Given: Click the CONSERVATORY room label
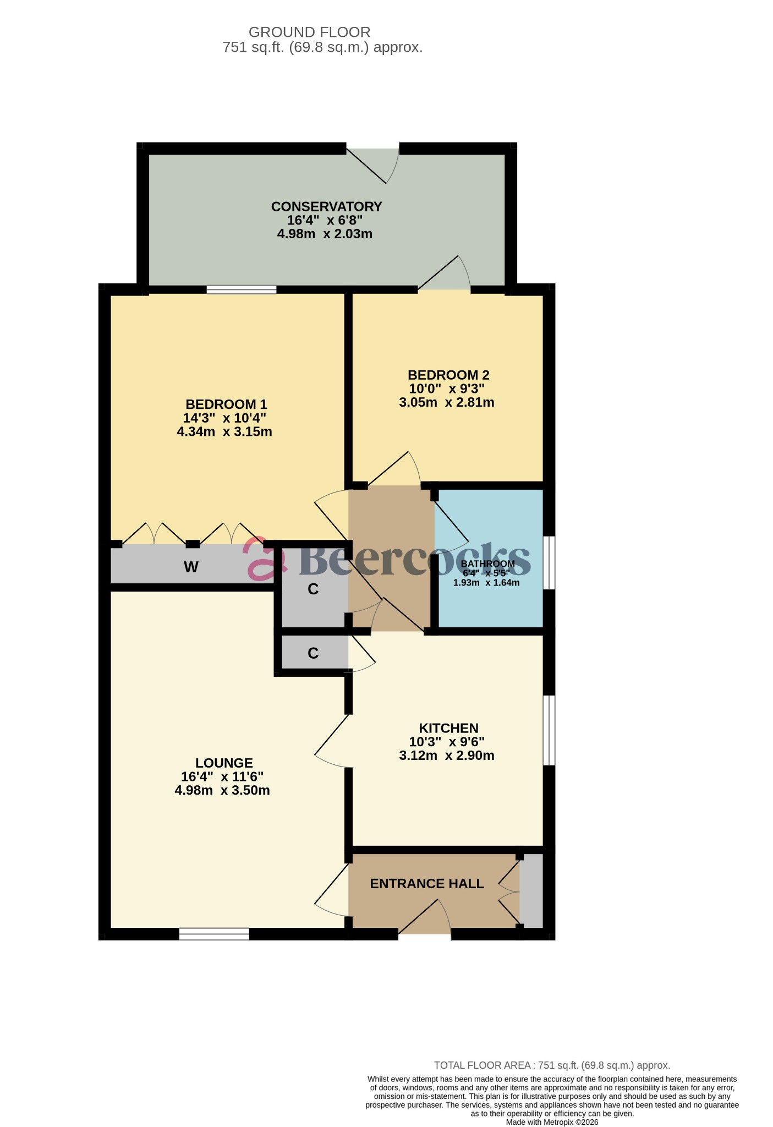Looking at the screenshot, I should (326, 207).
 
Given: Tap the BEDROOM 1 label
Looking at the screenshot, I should (226, 404).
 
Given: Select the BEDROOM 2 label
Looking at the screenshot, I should (448, 375).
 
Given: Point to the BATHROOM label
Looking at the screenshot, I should (487, 563).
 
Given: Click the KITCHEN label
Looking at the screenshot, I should (448, 728).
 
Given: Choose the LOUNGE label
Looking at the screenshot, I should (224, 763).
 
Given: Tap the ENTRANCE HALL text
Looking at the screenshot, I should (426, 884).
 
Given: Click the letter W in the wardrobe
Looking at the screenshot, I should (191, 567).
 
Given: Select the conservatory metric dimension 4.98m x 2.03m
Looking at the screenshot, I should (325, 234).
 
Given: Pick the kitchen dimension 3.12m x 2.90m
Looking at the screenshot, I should (447, 756).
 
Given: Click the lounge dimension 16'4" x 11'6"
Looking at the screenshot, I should (222, 777).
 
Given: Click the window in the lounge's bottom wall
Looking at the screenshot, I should (214, 934).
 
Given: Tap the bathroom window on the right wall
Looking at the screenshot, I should (549, 562).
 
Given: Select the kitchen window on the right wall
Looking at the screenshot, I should (549, 730).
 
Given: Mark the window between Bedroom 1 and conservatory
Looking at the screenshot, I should (242, 289).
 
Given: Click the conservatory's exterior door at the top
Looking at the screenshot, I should (372, 150).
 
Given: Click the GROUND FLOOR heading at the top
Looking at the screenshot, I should (309, 32).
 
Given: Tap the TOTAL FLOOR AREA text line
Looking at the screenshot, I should (552, 1065).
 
